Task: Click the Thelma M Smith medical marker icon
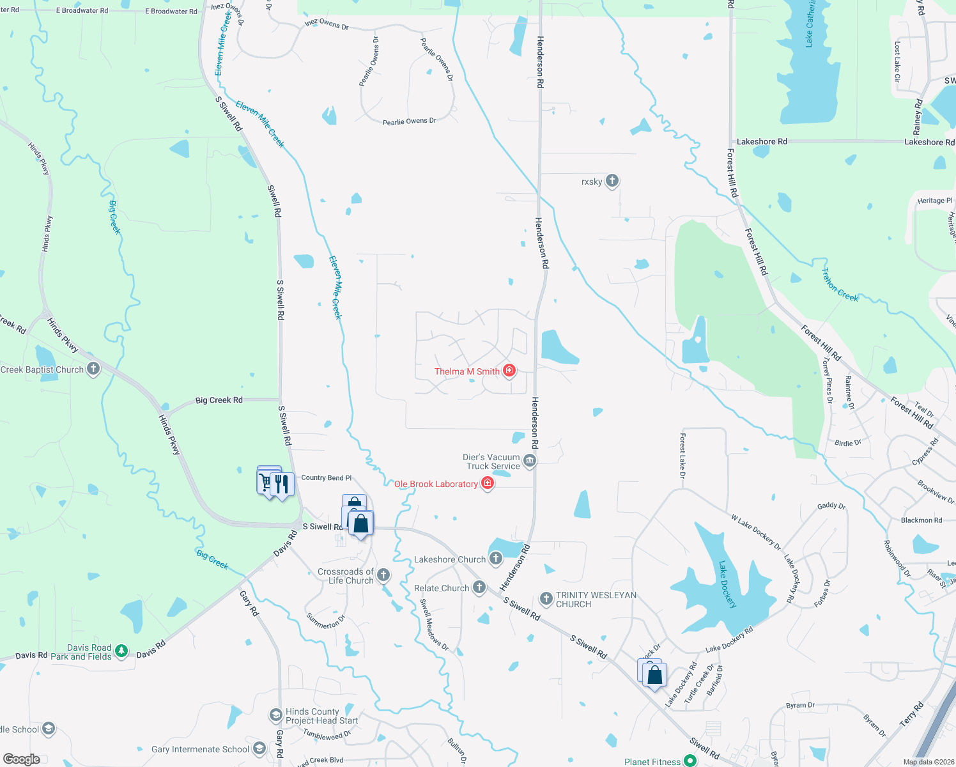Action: [x=509, y=371]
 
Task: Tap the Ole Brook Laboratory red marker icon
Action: [x=488, y=483]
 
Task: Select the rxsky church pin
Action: [x=612, y=181]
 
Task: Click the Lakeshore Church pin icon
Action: [x=495, y=559]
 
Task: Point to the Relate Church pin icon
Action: [x=479, y=587]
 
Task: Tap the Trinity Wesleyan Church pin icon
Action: [x=546, y=599]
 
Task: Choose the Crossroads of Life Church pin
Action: [x=383, y=575]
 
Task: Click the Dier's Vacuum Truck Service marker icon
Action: [x=529, y=460]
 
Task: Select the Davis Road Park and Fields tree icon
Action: [x=121, y=652]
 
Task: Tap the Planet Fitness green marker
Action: [x=690, y=761]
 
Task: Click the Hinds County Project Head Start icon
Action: [x=275, y=715]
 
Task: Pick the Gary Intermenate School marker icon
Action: [x=259, y=748]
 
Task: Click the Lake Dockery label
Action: [x=728, y=584]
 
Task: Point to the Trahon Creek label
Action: [x=840, y=285]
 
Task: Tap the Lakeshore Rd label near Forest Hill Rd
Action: [x=762, y=141]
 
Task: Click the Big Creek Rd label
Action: [x=219, y=400]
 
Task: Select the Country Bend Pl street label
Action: [x=326, y=477]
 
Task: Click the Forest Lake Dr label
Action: [x=682, y=456]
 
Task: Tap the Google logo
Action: [x=21, y=759]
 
